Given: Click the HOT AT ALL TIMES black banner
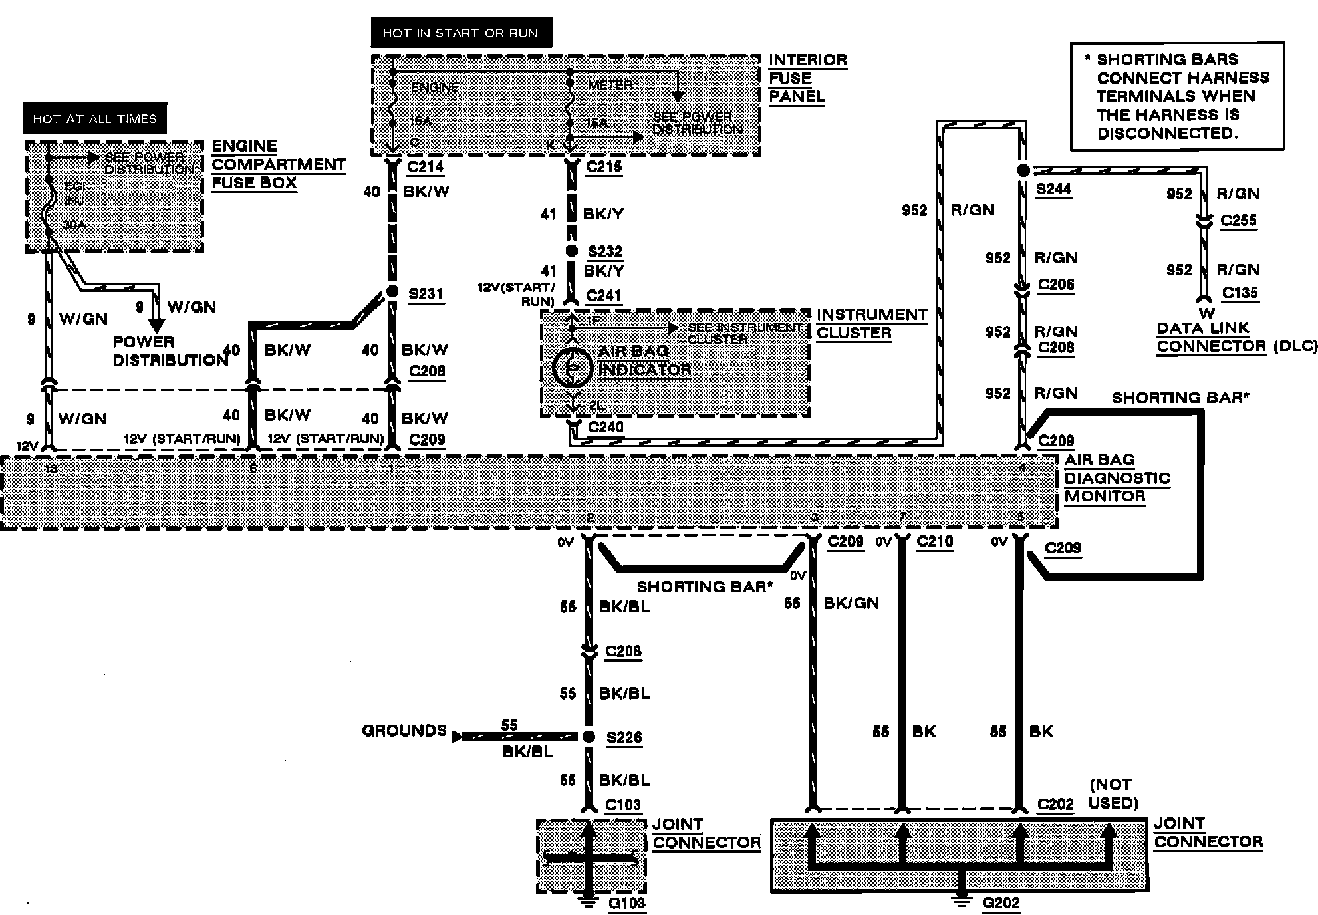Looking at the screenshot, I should [x=95, y=119].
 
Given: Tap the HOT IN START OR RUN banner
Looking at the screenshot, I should [x=461, y=33].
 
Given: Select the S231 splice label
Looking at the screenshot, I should [x=426, y=294].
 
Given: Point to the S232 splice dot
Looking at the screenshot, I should [x=571, y=251].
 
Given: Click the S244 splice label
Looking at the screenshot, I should [x=1053, y=190].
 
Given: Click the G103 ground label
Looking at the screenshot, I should [x=627, y=904].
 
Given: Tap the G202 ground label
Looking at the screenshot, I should [x=1001, y=903].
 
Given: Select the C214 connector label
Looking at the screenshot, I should [x=425, y=167].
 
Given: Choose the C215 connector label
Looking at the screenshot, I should [x=604, y=167].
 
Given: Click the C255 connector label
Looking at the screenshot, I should [x=1238, y=221].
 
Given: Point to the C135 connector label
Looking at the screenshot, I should [x=1240, y=293].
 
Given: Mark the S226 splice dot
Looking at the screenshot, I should [x=589, y=737].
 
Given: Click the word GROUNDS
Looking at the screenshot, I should [x=404, y=731].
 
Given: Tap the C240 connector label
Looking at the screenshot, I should [x=606, y=427].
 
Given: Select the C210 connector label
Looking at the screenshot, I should [x=934, y=542].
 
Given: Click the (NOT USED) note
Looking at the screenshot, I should [x=1113, y=793].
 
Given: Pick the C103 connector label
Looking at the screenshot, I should [x=622, y=805].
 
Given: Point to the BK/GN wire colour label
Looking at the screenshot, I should [x=851, y=603].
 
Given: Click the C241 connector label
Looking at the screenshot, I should [x=604, y=295].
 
